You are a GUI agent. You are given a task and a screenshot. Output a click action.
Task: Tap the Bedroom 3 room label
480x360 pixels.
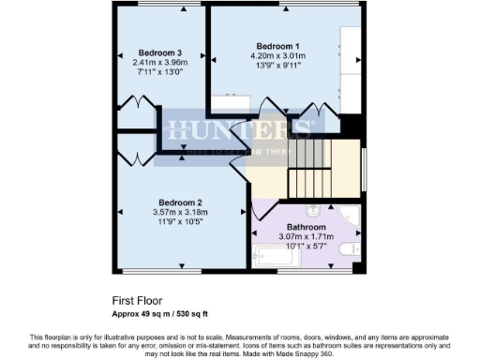(159, 52)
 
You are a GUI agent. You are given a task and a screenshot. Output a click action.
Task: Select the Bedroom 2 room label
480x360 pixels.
(179, 202)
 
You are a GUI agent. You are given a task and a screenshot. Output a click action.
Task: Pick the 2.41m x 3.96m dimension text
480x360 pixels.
(159, 63)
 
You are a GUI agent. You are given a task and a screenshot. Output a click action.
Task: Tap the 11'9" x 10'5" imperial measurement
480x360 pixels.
(179, 222)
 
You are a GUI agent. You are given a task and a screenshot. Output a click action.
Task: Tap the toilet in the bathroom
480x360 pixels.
(347, 249)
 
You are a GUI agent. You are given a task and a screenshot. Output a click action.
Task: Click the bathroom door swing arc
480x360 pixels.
(264, 209)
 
